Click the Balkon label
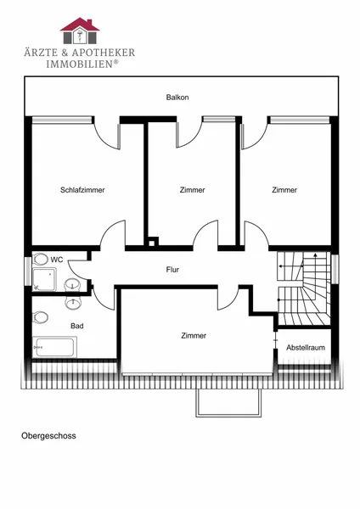[177, 97]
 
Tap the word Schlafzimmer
[82, 190]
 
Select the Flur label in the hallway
[172, 270]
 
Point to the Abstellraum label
[306, 348]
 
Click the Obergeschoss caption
[48, 436]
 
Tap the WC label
[57, 260]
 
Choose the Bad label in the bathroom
[77, 326]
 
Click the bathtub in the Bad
[54, 347]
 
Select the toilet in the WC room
[40, 260]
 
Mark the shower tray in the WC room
[44, 279]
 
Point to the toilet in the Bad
[40, 317]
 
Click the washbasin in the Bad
[73, 303]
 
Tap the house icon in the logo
[80, 31]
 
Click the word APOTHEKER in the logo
[104, 53]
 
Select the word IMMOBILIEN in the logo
[79, 64]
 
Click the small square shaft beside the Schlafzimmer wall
[151, 243]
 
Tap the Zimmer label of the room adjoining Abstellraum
[194, 336]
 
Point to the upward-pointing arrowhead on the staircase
[315, 255]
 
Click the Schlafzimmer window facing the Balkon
[62, 120]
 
